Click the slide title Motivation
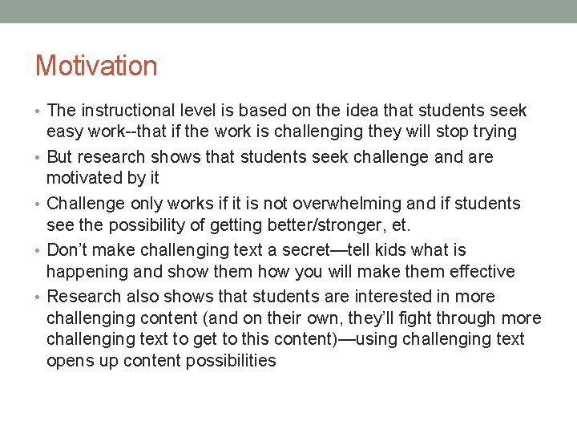(x=96, y=65)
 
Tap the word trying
(x=492, y=132)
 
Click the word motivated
(x=85, y=178)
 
